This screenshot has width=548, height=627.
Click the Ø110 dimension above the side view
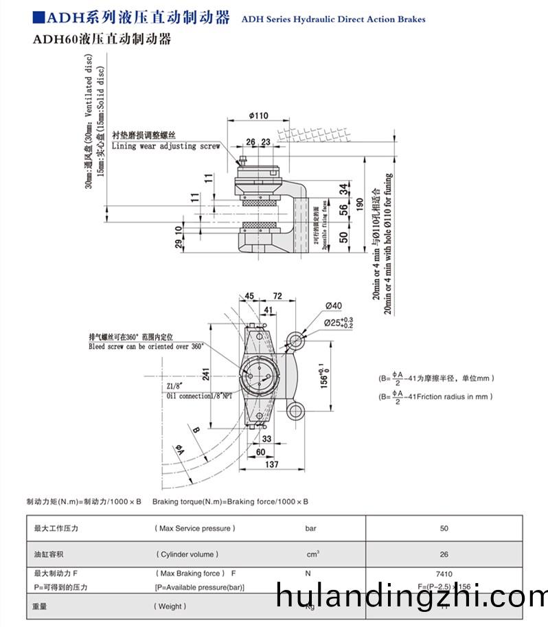[258, 115]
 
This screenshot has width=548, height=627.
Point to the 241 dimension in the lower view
[205, 373]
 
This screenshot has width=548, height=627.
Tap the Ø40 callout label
[334, 306]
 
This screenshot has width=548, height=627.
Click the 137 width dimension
[272, 465]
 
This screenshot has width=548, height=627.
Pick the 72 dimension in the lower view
[277, 296]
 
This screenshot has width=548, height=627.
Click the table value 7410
[444, 573]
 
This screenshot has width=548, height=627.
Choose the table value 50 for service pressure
[444, 528]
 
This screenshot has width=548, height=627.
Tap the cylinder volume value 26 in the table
[444, 554]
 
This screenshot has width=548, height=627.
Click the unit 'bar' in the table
[311, 528]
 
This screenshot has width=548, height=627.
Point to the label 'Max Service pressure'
[195, 528]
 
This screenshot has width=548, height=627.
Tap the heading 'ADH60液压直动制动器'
[102, 40]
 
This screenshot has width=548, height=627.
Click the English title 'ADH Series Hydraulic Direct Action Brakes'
[333, 19]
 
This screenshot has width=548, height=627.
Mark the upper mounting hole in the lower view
[297, 339]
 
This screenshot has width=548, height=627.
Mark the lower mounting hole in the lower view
[297, 411]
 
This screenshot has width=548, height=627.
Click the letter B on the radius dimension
[196, 430]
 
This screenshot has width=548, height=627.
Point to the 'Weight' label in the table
[169, 606]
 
